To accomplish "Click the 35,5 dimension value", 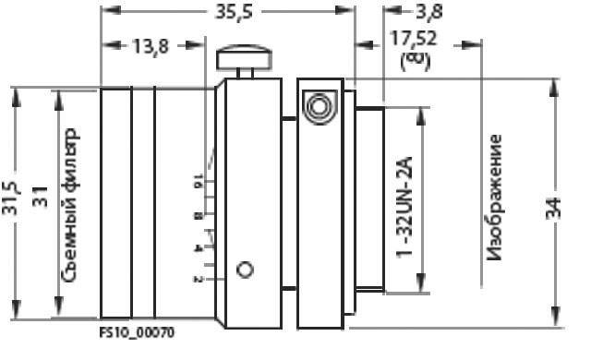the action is click(x=234, y=12).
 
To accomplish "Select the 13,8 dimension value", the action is click(x=151, y=47).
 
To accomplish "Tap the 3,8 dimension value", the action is click(x=428, y=11).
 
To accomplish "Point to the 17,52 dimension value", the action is click(x=413, y=38).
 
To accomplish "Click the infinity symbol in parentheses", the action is click(x=415, y=61).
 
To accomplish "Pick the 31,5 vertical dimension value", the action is click(x=10, y=198).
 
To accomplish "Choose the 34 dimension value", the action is click(x=554, y=208).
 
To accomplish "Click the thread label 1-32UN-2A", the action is click(x=404, y=207).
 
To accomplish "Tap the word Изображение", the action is click(x=494, y=198).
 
